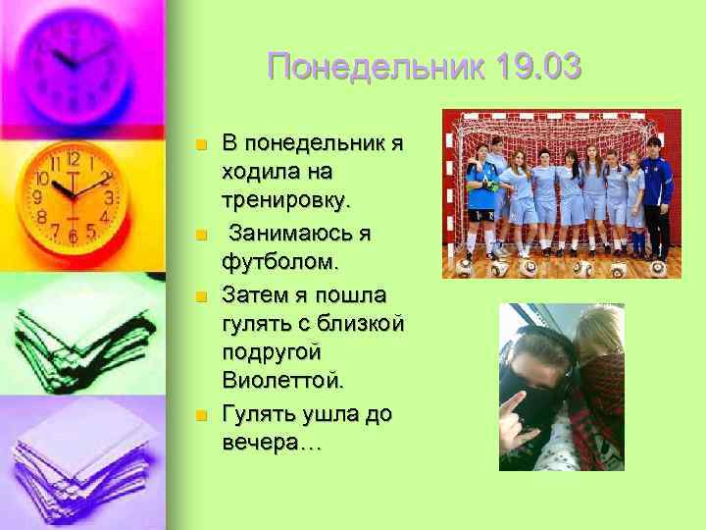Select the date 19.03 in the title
click(x=538, y=69)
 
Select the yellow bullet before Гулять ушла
click(x=200, y=416)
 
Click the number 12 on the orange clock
click(x=73, y=159)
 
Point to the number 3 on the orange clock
click(x=110, y=197)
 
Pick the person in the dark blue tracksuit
click(x=657, y=191)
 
